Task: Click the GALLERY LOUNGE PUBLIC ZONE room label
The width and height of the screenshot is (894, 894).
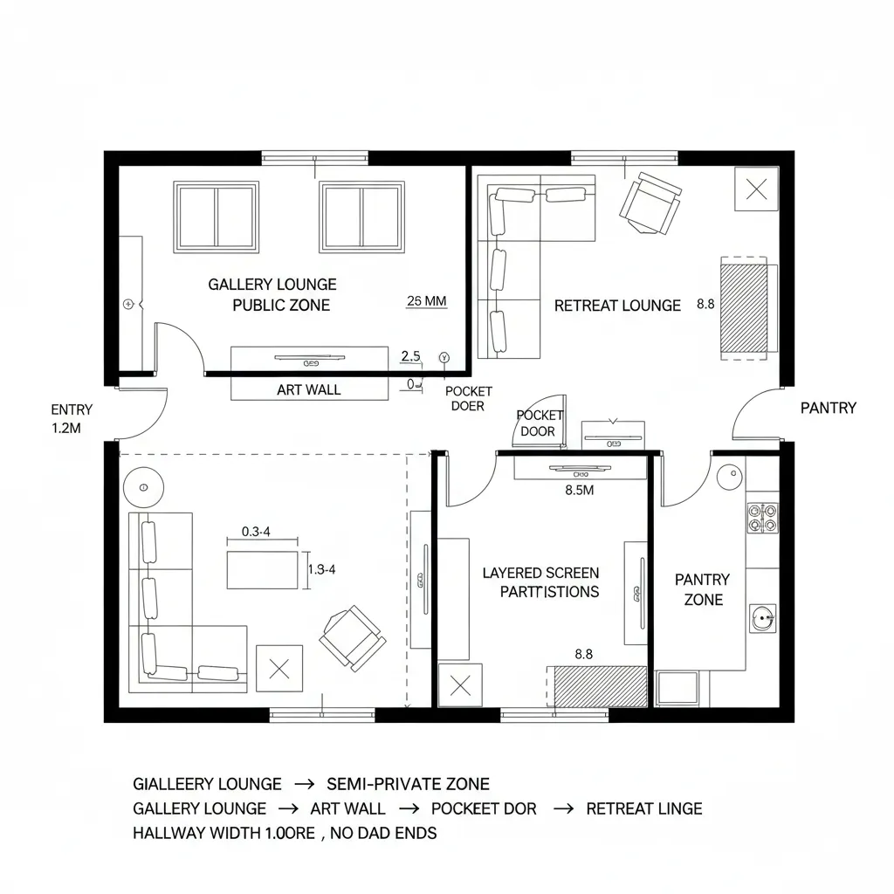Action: point(272,294)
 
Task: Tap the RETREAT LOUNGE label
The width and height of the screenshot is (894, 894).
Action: point(617,306)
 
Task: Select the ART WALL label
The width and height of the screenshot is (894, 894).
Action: point(308,390)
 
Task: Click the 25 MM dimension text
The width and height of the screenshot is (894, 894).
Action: point(427,301)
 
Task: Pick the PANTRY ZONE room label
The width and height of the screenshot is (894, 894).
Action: point(703,589)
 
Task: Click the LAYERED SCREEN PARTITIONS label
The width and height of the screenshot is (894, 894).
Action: point(540,582)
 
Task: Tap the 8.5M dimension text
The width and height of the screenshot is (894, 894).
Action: point(580,490)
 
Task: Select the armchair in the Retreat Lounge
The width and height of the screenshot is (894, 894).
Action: point(650,203)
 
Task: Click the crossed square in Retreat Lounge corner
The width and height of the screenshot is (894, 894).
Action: point(757,188)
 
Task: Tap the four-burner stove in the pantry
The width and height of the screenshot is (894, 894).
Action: point(761,519)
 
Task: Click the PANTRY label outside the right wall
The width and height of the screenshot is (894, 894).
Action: point(828,408)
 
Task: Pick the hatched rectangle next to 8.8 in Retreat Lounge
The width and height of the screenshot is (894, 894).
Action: point(742,306)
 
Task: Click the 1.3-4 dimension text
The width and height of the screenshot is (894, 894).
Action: point(321,568)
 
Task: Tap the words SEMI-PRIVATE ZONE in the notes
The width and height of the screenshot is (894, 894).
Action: point(407,783)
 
